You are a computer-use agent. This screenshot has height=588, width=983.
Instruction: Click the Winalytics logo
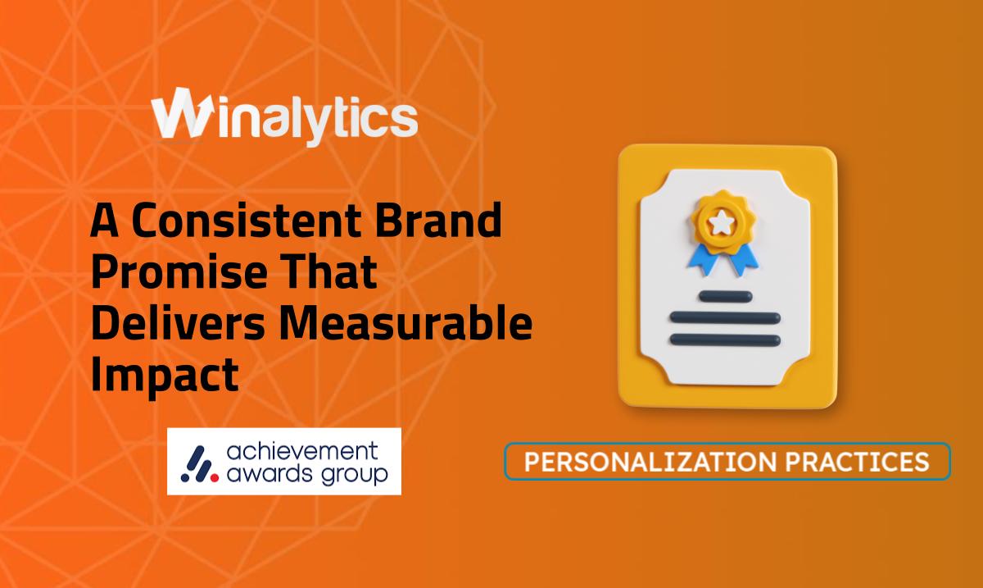click(284, 116)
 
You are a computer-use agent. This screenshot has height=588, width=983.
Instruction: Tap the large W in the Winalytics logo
click(182, 113)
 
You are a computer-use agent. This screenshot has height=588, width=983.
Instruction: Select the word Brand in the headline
click(438, 219)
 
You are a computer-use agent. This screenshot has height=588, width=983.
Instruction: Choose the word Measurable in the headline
click(406, 323)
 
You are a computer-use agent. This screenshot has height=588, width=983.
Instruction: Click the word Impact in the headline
click(165, 376)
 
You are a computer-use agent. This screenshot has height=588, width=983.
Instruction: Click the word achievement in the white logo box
click(302, 452)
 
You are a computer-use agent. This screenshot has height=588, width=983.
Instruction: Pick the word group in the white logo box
click(355, 476)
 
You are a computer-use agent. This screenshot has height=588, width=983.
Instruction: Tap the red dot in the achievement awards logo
click(214, 477)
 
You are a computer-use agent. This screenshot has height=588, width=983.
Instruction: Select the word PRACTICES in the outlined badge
click(858, 462)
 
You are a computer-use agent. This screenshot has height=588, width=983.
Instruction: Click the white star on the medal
click(721, 222)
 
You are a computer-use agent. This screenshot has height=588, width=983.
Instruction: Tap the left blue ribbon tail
click(704, 259)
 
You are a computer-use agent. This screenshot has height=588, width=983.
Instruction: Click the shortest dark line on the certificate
click(726, 296)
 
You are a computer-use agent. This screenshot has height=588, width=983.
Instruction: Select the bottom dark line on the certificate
click(726, 340)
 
